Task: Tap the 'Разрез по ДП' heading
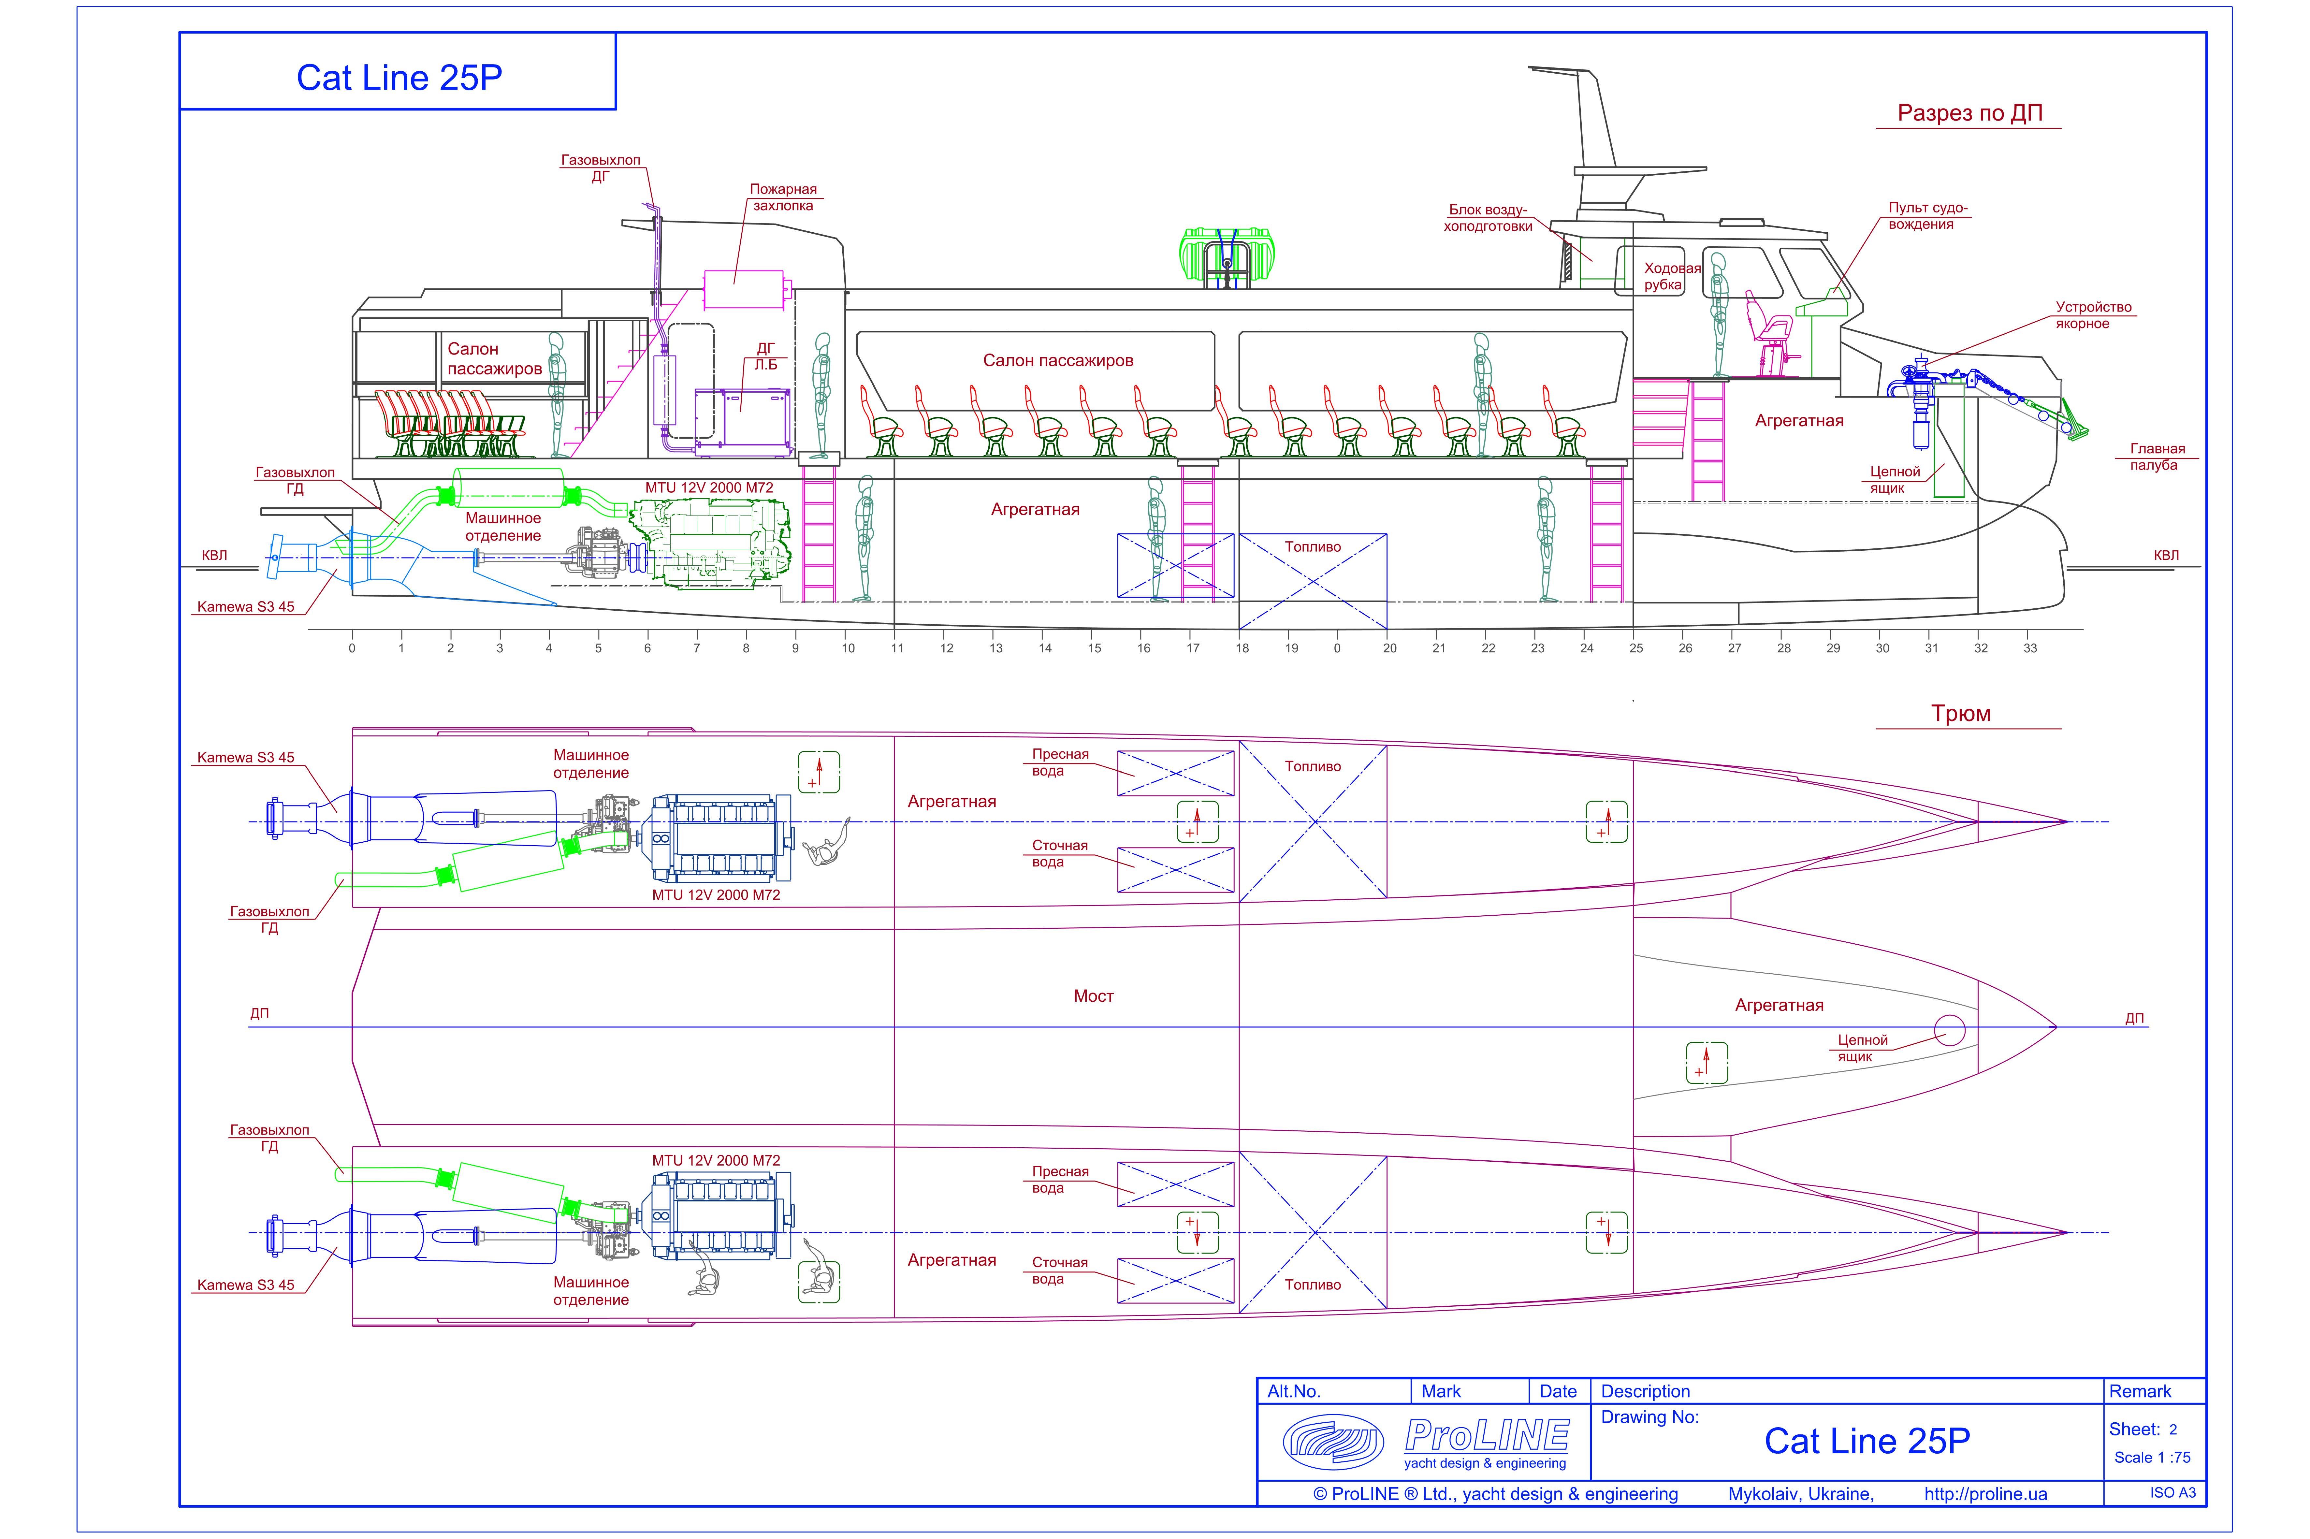pos(1969,113)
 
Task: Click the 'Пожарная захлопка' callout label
pos(782,197)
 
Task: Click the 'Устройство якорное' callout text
pos(2093,315)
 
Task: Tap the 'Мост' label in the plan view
pos(1093,996)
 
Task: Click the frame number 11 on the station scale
pos(897,648)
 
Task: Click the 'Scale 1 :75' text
pos(2152,1458)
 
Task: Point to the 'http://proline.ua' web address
pos(1985,1494)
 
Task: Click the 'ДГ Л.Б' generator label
pos(765,356)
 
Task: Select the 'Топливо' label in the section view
pos(1312,547)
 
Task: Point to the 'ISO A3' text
pos(2172,1493)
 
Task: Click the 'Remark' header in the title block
pos(2140,1391)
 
